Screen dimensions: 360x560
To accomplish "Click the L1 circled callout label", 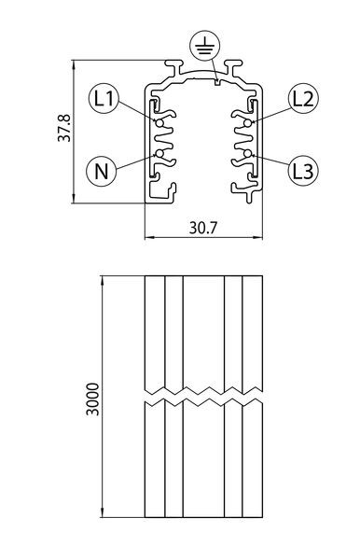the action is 104,98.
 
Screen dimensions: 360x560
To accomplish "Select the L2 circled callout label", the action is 303,98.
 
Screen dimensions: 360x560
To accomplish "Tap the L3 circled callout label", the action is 303,171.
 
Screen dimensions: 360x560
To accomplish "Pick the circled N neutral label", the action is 102,171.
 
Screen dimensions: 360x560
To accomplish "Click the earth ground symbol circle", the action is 205,46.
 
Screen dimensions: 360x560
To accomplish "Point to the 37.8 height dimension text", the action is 64,128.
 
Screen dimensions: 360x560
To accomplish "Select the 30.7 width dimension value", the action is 203,228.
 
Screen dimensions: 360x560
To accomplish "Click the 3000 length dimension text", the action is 93,399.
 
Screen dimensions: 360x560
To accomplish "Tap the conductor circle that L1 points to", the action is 159,123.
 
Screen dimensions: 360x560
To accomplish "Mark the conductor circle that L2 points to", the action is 247,123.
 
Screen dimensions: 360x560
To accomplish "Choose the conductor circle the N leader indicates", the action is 159,154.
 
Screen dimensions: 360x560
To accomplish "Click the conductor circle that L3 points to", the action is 247,154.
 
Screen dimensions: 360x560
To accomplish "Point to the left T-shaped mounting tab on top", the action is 173,67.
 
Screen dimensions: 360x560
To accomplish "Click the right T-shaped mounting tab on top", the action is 233,67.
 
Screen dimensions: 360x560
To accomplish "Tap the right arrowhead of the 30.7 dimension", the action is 258,237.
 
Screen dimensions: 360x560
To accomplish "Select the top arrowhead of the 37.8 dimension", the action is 74,64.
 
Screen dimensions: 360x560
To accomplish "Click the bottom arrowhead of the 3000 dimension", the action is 103,512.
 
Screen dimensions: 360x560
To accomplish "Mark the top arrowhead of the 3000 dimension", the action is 103,281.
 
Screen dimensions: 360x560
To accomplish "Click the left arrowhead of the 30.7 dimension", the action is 149,237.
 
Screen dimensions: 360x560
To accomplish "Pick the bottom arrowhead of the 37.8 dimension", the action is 74,198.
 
